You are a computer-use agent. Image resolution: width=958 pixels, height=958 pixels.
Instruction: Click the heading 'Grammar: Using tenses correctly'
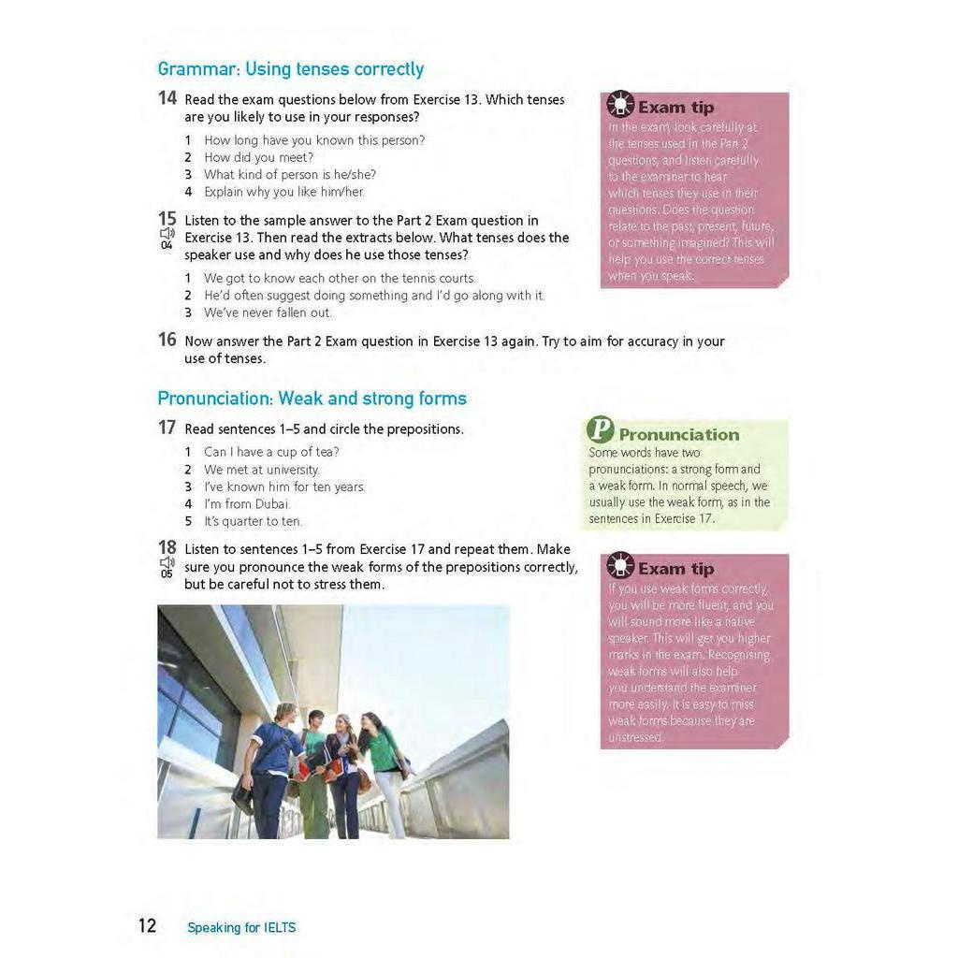290,69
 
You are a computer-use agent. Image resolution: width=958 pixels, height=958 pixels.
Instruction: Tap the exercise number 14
167,98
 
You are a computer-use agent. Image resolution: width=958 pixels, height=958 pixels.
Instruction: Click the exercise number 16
167,340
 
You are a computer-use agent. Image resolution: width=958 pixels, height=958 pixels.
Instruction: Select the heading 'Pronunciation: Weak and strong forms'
312,399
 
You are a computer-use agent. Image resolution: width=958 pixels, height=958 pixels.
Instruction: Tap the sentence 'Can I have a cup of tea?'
271,452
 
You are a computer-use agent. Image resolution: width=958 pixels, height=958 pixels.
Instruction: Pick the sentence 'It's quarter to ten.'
253,521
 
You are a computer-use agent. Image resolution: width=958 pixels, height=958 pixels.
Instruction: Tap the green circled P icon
600,430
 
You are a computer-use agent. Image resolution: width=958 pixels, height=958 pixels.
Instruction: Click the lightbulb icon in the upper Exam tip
619,105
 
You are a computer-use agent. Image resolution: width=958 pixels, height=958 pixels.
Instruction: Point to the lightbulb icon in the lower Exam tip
619,566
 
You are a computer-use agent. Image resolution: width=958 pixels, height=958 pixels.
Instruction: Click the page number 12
148,926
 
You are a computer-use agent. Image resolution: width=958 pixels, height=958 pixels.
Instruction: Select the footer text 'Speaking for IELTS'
241,928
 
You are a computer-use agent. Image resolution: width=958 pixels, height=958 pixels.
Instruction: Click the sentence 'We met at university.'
262,470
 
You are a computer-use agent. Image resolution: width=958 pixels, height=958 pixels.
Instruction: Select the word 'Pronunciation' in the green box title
678,434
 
